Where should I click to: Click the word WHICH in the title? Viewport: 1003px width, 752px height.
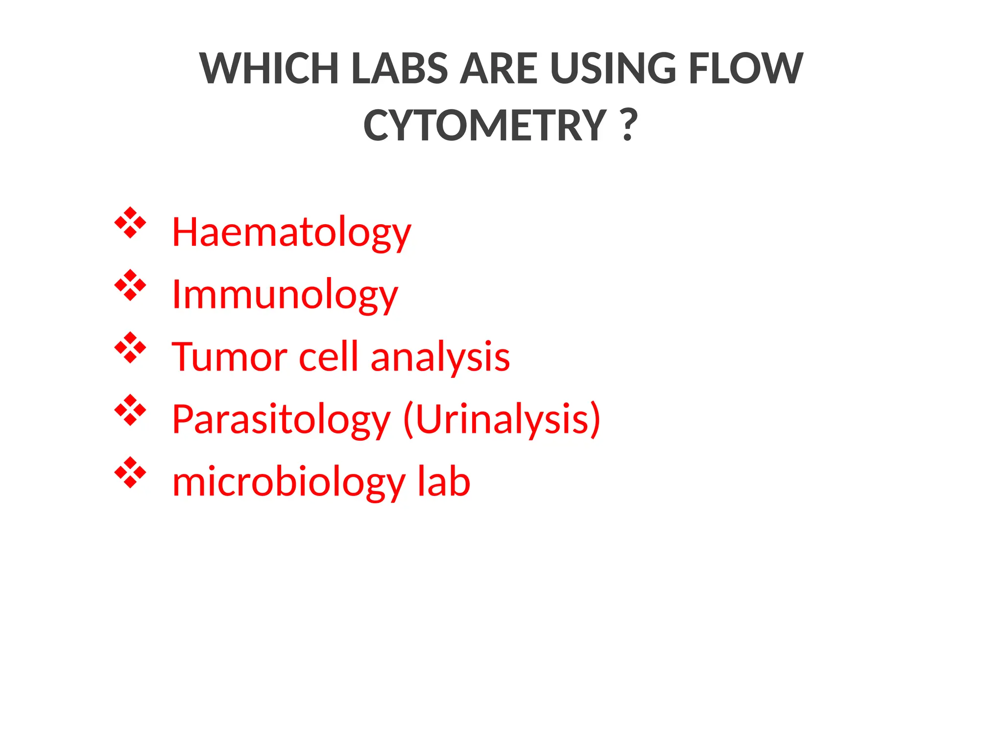(x=269, y=69)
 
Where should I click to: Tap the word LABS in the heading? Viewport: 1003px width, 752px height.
(x=399, y=69)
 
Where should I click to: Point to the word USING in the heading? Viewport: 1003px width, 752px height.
(x=613, y=69)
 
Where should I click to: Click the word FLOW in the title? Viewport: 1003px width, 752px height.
(x=745, y=69)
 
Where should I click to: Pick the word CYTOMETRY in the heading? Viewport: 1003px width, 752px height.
(x=485, y=126)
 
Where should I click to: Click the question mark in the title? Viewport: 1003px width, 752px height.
(x=629, y=126)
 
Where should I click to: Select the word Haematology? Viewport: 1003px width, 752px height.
(x=291, y=233)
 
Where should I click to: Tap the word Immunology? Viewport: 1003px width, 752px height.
(x=285, y=295)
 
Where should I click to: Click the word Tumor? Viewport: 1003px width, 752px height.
(x=229, y=357)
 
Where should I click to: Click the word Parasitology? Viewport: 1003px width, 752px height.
(x=281, y=420)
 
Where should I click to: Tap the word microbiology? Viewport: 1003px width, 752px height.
(x=288, y=483)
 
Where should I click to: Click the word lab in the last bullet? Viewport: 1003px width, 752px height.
(x=444, y=482)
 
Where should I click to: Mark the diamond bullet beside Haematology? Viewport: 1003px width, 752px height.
(x=130, y=223)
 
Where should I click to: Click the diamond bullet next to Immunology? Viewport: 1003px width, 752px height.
(x=130, y=285)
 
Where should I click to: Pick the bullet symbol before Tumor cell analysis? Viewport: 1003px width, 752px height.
(x=130, y=348)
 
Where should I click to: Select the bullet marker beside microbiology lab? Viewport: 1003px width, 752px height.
(x=130, y=472)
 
